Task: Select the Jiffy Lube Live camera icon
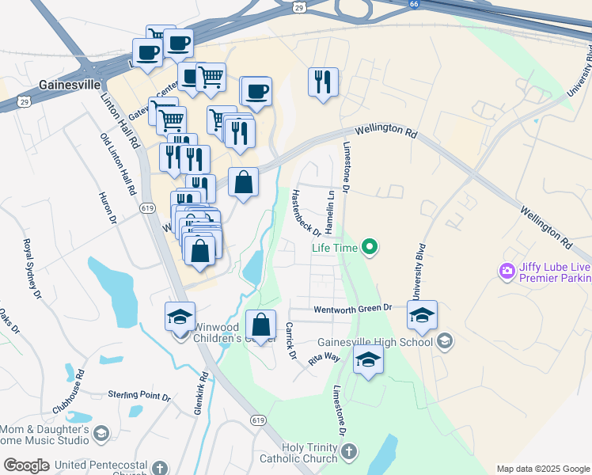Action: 507,272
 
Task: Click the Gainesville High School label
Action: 375,342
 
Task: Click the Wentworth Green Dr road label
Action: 353,309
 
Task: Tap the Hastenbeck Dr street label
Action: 305,212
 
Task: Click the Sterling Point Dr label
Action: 139,394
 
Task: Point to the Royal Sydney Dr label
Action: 32,269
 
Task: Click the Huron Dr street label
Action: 108,207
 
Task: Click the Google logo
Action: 27,465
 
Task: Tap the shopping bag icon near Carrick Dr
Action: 260,325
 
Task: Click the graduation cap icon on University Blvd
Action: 423,317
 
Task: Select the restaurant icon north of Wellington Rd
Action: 323,82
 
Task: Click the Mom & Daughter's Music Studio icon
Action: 101,433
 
